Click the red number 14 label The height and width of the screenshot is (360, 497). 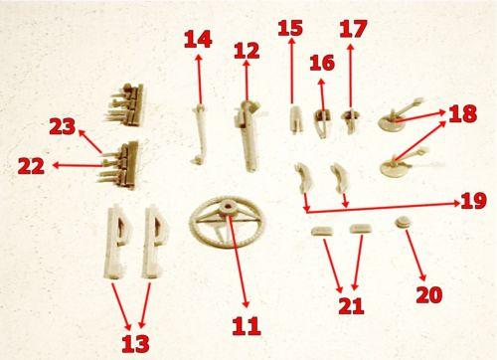(198, 40)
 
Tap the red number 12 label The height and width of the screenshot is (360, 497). (247, 51)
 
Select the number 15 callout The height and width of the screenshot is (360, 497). (290, 28)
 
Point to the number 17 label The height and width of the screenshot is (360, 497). (353, 29)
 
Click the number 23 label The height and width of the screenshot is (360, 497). (63, 126)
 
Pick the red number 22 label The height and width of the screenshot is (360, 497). (31, 166)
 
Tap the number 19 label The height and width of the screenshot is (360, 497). (473, 201)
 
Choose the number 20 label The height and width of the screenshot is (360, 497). (429, 294)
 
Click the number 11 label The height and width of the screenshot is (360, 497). (247, 326)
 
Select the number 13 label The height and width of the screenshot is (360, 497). (135, 343)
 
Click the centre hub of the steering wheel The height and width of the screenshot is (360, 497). (228, 209)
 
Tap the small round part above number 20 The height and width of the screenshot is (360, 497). (403, 223)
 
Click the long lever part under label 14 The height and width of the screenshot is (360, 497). (200, 133)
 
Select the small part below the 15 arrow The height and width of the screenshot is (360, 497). (296, 119)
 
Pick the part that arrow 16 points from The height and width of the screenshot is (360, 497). (322, 122)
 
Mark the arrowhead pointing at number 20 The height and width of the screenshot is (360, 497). (423, 277)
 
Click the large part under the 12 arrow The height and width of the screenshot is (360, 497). (248, 135)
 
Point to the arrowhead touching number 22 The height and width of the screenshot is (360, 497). (57, 165)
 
